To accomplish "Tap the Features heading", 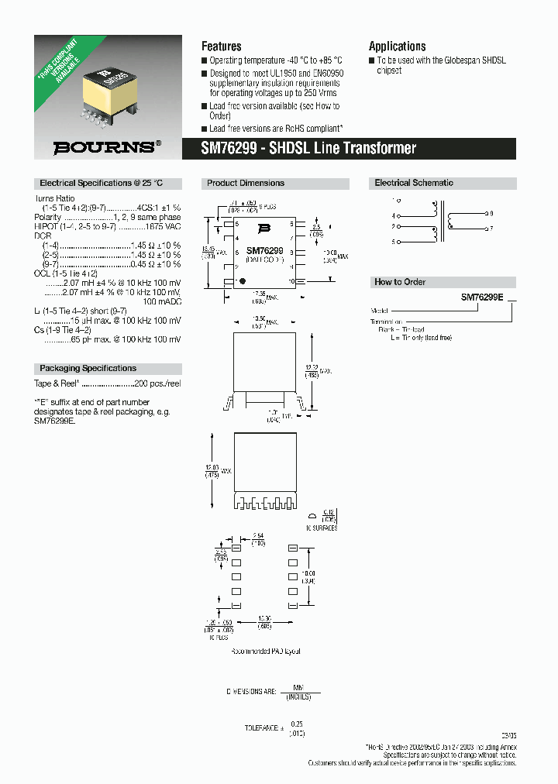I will click(221, 46).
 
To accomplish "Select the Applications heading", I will click(397, 46).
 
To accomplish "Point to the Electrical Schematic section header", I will click(414, 184).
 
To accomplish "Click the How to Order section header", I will click(400, 282).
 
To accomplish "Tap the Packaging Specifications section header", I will click(88, 369).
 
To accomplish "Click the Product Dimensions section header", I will click(245, 184).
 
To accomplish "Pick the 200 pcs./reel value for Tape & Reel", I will click(157, 383).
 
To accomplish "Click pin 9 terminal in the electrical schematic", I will click(485, 212).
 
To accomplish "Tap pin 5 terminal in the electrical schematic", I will click(394, 242).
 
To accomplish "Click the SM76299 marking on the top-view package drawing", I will click(264, 251).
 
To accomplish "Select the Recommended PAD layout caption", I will click(265, 652).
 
